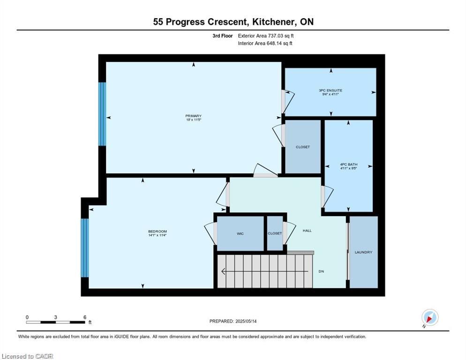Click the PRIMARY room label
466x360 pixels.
[194, 116]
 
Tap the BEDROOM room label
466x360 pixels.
[158, 231]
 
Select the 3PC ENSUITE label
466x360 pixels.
[331, 90]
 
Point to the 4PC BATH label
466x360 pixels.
[349, 165]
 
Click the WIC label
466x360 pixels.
[240, 233]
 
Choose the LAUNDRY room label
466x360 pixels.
[363, 252]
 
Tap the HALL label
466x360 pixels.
[307, 230]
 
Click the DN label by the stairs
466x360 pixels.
[321, 271]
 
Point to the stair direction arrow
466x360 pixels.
[265, 271]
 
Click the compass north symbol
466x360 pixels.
[430, 318]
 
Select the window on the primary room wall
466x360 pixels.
[102, 114]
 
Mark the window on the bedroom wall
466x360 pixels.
[85, 248]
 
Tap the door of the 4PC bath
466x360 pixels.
[326, 196]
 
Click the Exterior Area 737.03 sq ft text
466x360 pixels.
[266, 36]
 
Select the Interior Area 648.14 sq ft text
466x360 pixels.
[265, 44]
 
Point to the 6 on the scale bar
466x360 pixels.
[85, 317]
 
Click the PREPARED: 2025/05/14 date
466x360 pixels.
[233, 322]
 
